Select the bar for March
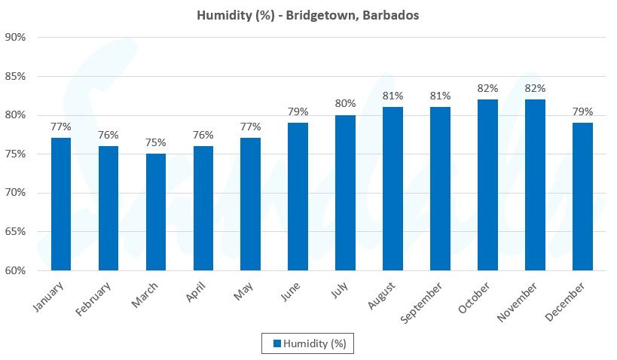click(x=156, y=212)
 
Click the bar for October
click(x=487, y=185)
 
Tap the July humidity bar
click(x=345, y=192)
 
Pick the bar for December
click(x=582, y=196)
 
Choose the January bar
click(x=61, y=203)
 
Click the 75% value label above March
click(x=156, y=143)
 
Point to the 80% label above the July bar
click(x=345, y=104)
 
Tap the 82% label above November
click(x=535, y=88)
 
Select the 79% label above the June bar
click(x=298, y=112)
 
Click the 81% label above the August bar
click(x=392, y=96)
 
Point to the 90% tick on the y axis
click(x=16, y=37)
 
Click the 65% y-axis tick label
click(x=16, y=231)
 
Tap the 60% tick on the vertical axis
click(x=16, y=270)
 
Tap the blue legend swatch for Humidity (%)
click(x=276, y=343)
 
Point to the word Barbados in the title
click(x=393, y=15)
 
